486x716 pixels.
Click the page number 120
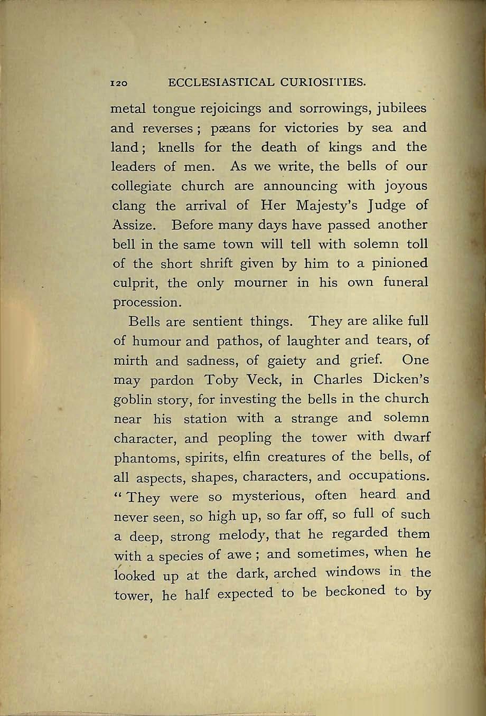119,83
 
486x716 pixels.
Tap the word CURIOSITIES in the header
324,82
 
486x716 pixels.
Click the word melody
255,535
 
